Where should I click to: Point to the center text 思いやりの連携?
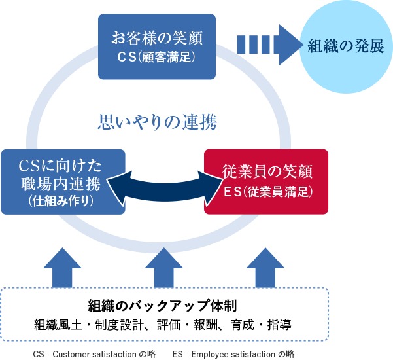point(157,122)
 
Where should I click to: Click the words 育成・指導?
point(273,325)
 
